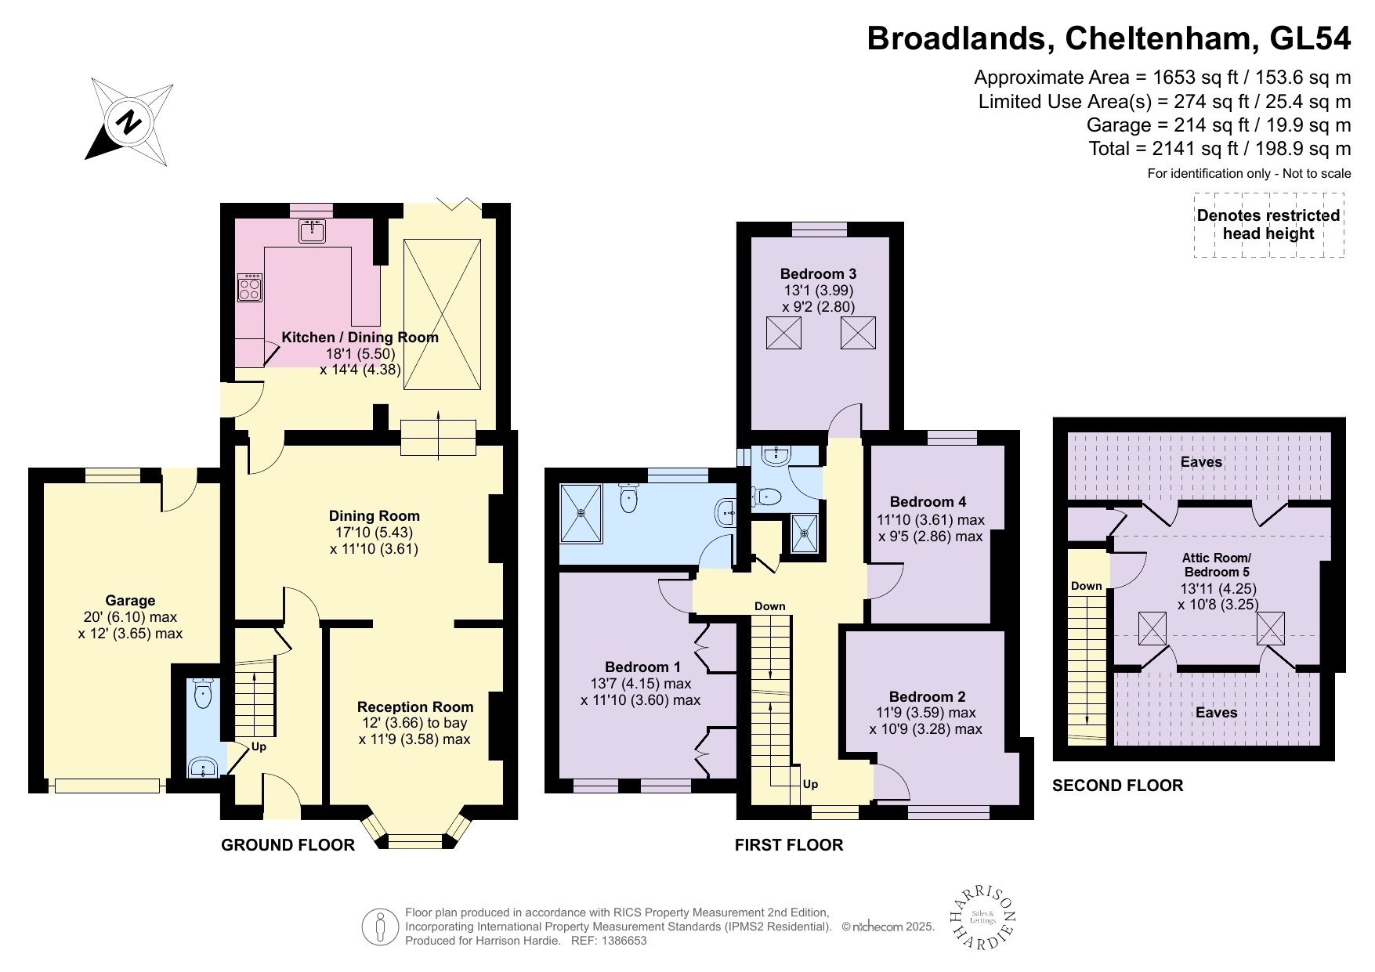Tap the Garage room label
coord(130,601)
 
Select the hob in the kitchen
coord(250,287)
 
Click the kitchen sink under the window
coord(312,231)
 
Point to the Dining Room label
coord(374,516)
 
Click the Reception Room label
coord(415,707)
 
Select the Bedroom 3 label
coord(818,274)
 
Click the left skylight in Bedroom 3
coord(783,333)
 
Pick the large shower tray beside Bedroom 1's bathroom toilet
coord(581,514)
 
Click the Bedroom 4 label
coord(928,502)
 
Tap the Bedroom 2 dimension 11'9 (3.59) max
coord(926,713)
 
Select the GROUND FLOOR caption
coord(288,845)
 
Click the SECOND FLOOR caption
coord(1117,786)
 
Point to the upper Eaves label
coord(1201,462)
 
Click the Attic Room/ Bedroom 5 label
coord(1216,565)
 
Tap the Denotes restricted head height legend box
coord(1268,225)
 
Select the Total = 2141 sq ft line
coord(1219,149)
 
